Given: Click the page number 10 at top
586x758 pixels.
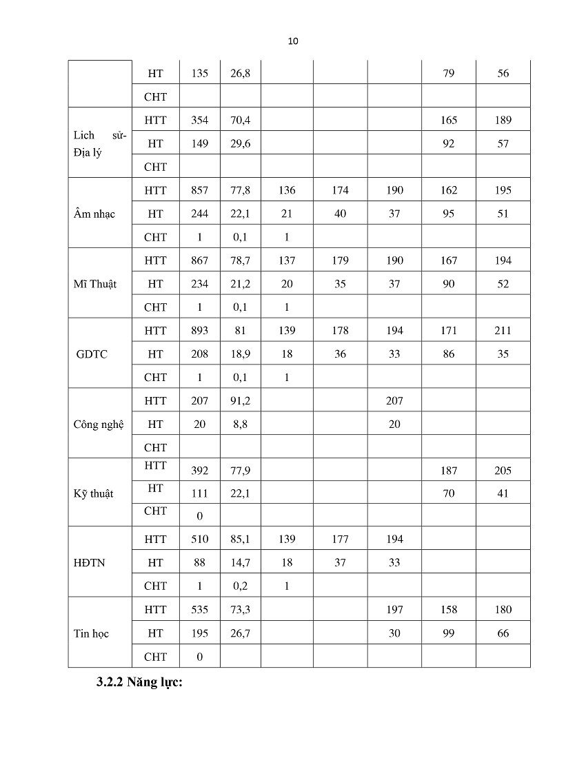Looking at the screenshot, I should click(x=292, y=41).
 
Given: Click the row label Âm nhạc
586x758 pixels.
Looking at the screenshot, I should click(x=94, y=214).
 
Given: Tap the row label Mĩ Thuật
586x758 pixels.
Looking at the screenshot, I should click(x=94, y=284).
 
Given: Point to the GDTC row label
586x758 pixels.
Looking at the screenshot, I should click(x=92, y=354).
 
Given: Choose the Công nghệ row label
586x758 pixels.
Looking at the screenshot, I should click(x=99, y=424).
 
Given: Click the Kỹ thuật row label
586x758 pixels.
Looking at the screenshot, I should click(x=93, y=494).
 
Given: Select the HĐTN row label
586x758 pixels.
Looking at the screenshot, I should click(x=90, y=562).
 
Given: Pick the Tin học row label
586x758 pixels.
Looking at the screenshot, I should click(x=91, y=633).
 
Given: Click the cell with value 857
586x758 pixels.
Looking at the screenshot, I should click(x=199, y=190).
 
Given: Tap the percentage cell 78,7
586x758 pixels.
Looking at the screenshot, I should click(x=240, y=260).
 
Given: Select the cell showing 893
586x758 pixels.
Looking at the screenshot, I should click(x=199, y=331).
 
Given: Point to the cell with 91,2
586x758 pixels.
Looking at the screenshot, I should click(x=240, y=401).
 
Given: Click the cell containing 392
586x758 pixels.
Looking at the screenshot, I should click(x=199, y=471).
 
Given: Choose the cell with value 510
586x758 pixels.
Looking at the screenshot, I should click(x=199, y=540).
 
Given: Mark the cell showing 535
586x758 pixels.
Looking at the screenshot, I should click(x=199, y=610).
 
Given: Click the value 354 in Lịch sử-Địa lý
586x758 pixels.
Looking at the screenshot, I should click(x=199, y=120).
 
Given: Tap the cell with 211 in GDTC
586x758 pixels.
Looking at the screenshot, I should click(x=503, y=331).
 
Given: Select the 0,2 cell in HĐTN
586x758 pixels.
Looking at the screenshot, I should click(x=240, y=586).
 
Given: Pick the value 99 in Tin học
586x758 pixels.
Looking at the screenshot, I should click(x=449, y=633).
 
